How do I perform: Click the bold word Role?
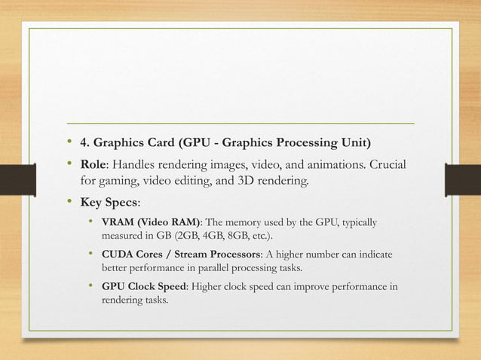pos(95,164)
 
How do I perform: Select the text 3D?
pos(256,182)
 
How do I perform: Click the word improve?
pos(300,287)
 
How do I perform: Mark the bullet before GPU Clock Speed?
pos(91,287)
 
